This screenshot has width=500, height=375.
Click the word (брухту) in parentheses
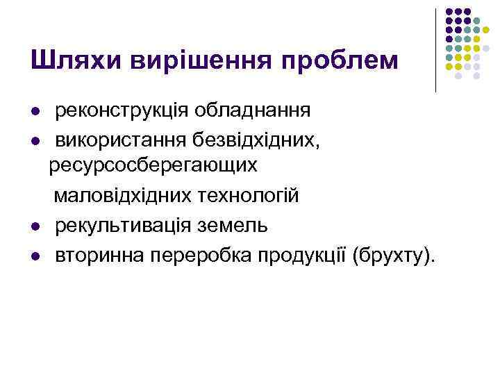coord(395,256)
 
